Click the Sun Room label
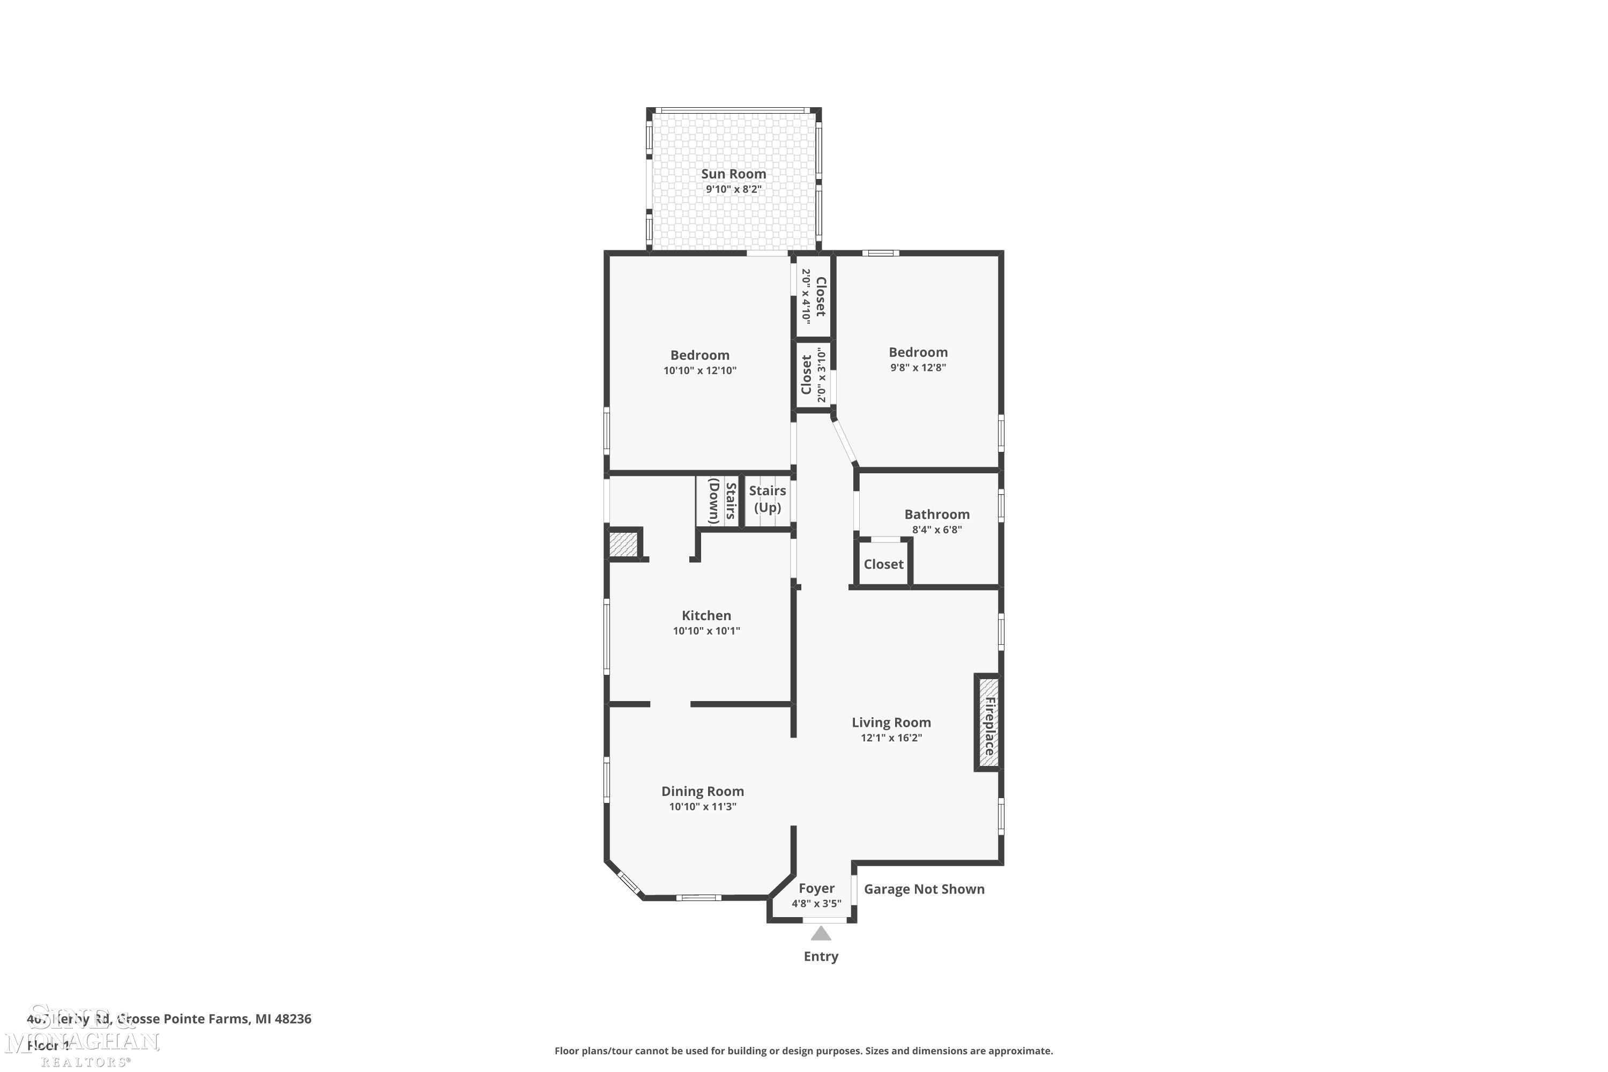734,174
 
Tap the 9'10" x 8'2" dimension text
734,189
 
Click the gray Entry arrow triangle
821,934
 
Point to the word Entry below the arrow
821,956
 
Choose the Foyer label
816,888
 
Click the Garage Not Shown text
924,889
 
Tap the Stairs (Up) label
767,498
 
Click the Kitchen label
706,615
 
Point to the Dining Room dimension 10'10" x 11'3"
702,807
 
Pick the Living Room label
891,722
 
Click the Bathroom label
936,514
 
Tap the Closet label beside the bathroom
883,564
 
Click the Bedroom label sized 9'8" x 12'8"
918,352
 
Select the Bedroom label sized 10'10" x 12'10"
699,355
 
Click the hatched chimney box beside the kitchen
623,545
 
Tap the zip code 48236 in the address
293,1019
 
